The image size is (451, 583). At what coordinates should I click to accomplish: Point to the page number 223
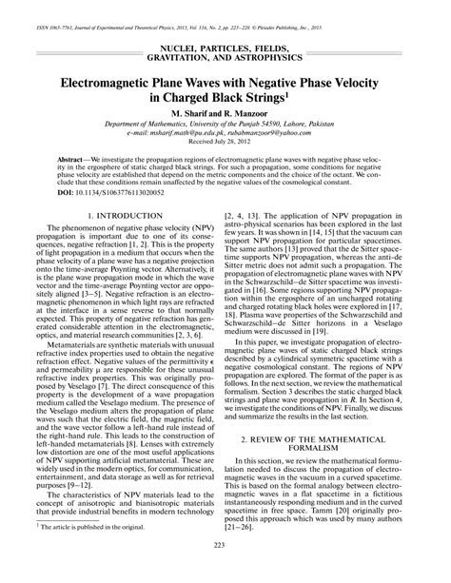(x=225, y=570)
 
